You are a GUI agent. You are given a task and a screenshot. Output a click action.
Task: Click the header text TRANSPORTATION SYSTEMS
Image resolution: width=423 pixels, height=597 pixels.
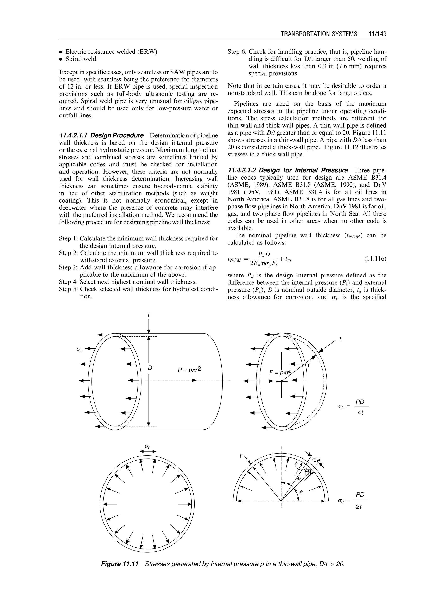(x=319, y=34)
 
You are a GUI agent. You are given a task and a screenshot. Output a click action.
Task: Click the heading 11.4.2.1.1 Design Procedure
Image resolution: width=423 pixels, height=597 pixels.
(x=102, y=136)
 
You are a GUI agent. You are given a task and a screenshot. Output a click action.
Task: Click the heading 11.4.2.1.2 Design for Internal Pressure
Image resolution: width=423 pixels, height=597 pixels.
(x=288, y=170)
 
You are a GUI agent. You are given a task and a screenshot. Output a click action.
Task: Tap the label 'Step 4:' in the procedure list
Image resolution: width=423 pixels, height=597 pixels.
(x=69, y=282)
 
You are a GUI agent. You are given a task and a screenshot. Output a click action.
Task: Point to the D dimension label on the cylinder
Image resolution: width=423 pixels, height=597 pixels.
(x=150, y=368)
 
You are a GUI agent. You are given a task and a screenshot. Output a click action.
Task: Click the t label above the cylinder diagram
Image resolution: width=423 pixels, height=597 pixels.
(x=149, y=315)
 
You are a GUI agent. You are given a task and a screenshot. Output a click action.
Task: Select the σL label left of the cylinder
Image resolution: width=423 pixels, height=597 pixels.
(x=79, y=350)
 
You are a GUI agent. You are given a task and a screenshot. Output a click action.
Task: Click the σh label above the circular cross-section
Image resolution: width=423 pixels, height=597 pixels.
(x=148, y=447)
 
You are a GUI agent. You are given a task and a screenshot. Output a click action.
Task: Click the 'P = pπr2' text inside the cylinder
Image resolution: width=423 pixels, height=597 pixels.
(x=189, y=370)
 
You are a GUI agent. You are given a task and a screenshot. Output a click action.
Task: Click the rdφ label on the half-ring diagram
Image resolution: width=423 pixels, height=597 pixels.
(x=315, y=460)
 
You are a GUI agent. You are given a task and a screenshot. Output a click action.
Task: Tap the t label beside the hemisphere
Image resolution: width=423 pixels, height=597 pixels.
(x=340, y=340)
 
